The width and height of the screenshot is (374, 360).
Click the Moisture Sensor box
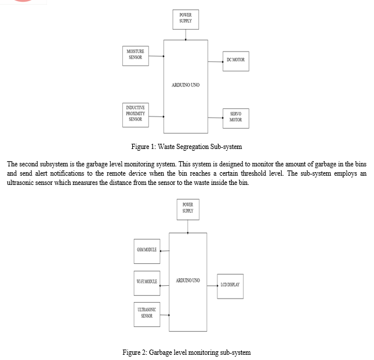pos(136,56)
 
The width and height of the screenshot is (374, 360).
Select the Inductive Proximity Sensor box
pos(136,115)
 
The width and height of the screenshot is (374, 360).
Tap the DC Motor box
pos(236,61)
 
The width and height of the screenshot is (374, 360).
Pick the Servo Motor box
pos(236,118)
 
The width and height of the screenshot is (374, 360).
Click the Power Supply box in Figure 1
pos(186,19)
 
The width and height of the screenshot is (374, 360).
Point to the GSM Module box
pos(147,251)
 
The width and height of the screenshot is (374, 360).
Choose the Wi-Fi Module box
pos(147,283)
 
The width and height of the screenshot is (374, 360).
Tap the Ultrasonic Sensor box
pos(147,314)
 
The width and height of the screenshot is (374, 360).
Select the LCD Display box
pos(230,286)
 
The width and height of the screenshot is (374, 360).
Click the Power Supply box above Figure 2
pos(188,209)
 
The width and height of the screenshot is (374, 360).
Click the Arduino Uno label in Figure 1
pos(186,85)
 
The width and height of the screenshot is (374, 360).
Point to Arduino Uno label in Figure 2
pos(188,281)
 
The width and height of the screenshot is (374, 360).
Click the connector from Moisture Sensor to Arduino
pos(156,56)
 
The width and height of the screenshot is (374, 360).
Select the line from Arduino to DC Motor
pos(215,62)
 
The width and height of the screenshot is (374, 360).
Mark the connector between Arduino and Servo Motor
pos(215,118)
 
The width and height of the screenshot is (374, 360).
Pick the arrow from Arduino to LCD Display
pos(212,286)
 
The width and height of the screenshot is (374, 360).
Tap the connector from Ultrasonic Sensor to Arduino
pos(165,315)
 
